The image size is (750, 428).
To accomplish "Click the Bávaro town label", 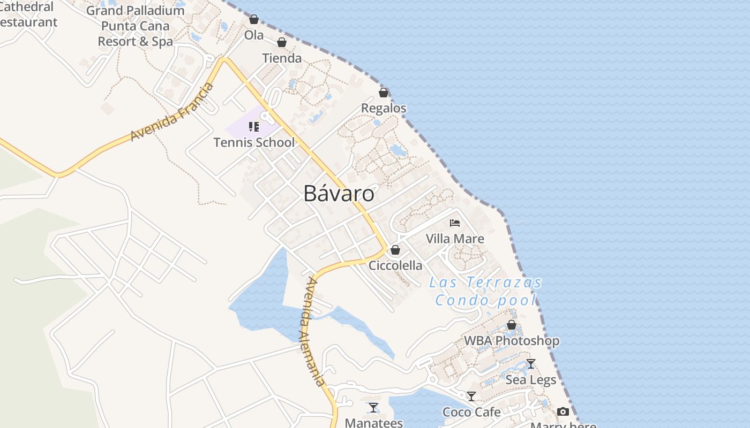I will (339, 193).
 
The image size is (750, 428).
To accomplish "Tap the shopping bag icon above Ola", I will (254, 20).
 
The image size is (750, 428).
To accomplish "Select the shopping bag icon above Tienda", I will (282, 42).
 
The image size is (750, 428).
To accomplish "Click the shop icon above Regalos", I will (384, 93).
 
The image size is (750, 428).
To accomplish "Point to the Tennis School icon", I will (254, 127).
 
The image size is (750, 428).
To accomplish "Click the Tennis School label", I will (254, 142).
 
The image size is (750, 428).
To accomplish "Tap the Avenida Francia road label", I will (171, 113).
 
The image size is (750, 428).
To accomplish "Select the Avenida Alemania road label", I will (312, 332).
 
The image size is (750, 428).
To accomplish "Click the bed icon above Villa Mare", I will (455, 223).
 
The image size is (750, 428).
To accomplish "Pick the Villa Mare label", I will (455, 239).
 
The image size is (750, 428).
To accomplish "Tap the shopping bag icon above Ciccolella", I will (395, 250).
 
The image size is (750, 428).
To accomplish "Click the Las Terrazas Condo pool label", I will (485, 291).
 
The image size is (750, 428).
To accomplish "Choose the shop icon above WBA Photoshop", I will (512, 325).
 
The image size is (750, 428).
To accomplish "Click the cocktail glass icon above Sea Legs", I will (531, 364).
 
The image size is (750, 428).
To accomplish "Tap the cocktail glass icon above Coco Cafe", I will (471, 396).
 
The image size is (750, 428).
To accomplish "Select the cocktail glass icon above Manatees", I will (373, 408).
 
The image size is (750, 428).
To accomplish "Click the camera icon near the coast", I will (563, 411).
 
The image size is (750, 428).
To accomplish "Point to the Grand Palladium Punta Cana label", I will (135, 26).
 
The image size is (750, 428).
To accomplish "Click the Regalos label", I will (384, 108).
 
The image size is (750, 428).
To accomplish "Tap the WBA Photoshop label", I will (512, 340).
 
